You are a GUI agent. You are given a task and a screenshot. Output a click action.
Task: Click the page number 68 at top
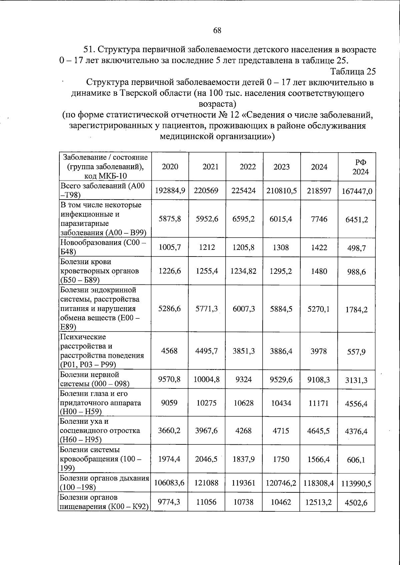pos(217,31)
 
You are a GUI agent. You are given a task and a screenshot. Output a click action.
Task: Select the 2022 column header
pos(248,167)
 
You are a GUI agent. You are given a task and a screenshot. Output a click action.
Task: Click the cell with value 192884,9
pos(170,191)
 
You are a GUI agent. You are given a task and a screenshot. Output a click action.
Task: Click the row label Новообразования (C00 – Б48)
pos(103,247)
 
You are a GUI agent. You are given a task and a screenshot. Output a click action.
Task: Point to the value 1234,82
pos(244,271)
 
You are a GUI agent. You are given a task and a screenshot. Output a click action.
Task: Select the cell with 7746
pos(319,219)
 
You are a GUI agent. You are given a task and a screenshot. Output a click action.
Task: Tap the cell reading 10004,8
pos(207,379)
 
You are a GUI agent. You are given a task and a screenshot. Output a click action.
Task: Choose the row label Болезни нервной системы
pos(95,379)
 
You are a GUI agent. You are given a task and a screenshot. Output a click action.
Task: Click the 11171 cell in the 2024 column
pos(319,403)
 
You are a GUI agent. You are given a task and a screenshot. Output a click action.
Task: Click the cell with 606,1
pos(356,460)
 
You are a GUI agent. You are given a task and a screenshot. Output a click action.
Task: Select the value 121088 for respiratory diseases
pos(207,483)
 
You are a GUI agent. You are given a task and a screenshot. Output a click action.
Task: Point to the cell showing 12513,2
pos(319,502)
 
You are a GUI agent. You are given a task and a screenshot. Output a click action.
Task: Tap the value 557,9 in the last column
pos(356,351)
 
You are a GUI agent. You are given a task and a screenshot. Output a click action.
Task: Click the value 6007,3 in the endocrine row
pos(244,309)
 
